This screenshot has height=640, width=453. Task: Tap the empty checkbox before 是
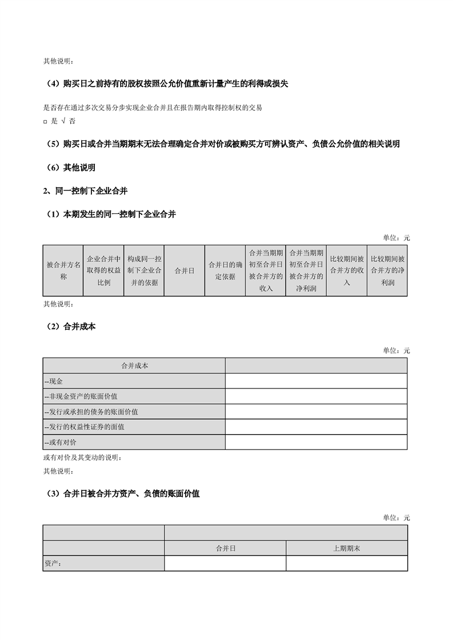(45, 122)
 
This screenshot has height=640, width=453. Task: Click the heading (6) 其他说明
(71, 168)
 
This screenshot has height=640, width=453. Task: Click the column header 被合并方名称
(63, 271)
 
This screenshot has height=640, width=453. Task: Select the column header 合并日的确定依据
(225, 271)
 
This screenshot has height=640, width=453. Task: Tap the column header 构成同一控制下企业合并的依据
(144, 271)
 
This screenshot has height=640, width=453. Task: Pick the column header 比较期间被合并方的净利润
(387, 271)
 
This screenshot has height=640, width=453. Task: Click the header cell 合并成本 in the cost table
(134, 366)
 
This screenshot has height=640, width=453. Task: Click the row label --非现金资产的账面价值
(81, 396)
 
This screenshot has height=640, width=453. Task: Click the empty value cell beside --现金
(316, 381)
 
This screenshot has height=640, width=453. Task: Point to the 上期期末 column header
(347, 548)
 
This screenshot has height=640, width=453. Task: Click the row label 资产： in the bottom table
(53, 564)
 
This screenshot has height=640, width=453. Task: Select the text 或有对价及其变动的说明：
(82, 457)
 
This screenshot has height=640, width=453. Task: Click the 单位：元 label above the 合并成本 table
(396, 350)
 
